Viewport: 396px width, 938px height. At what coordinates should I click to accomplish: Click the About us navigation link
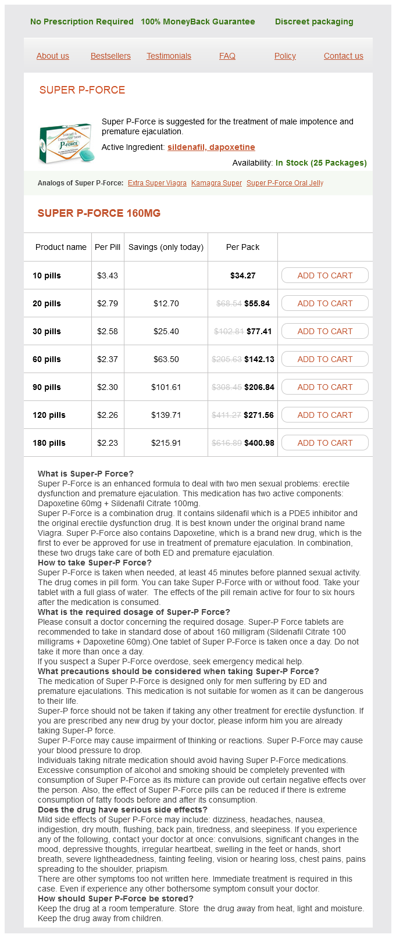52,56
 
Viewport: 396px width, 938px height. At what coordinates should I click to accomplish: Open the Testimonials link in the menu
169,56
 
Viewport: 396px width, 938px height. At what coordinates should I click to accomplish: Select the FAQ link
227,56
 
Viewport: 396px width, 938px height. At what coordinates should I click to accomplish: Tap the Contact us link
343,56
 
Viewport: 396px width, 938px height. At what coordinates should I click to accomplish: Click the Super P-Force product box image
65,142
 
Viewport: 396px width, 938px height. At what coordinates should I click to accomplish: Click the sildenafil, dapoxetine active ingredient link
211,147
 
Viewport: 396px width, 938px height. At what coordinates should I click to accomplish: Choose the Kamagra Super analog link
216,183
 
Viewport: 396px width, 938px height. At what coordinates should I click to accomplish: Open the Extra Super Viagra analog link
157,183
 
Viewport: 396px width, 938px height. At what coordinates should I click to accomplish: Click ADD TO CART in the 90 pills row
324,387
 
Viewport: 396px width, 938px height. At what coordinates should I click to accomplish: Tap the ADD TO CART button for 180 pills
324,443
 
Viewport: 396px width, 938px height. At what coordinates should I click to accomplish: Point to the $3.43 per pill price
108,275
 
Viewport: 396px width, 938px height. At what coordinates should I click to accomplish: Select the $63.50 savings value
166,359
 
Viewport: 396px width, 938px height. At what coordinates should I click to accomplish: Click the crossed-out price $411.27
227,415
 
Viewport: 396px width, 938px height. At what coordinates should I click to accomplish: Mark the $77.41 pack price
259,331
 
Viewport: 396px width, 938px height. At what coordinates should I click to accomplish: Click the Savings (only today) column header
166,247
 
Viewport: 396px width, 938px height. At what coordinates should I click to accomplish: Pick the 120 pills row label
49,415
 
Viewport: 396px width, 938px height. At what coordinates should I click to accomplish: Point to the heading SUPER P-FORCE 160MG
99,213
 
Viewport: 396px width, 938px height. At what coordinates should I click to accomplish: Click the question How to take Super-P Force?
95,563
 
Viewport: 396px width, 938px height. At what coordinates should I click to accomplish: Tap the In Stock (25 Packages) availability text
321,163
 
